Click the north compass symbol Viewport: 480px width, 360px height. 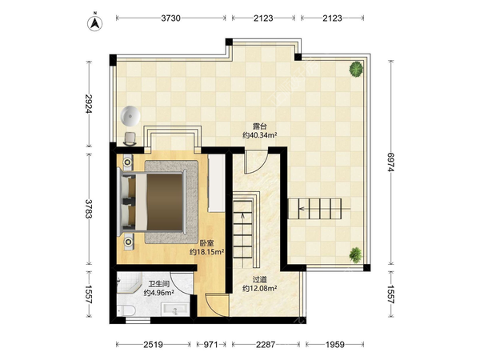[x=95, y=23]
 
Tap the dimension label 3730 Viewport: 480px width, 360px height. [x=171, y=18]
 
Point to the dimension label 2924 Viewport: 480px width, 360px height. [x=89, y=103]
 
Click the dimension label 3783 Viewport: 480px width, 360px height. [x=89, y=209]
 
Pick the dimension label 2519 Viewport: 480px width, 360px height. [x=153, y=345]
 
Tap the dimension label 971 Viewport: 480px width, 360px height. [x=210, y=345]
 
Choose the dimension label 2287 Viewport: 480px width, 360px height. [x=266, y=345]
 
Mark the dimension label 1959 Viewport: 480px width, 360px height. [x=335, y=345]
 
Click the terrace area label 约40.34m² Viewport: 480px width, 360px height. [x=259, y=134]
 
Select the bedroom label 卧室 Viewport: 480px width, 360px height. [x=207, y=244]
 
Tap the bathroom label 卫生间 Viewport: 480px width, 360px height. [x=159, y=284]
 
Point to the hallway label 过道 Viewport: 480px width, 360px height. [x=259, y=279]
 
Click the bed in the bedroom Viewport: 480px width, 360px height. [x=153, y=202]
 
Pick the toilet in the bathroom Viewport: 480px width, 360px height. [x=126, y=310]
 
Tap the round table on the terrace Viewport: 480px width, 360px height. [x=130, y=116]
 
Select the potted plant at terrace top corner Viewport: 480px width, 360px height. [x=356, y=69]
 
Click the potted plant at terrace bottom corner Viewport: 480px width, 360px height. [x=355, y=254]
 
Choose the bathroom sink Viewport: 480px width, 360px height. [x=175, y=310]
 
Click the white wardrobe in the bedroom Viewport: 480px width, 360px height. [x=217, y=183]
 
